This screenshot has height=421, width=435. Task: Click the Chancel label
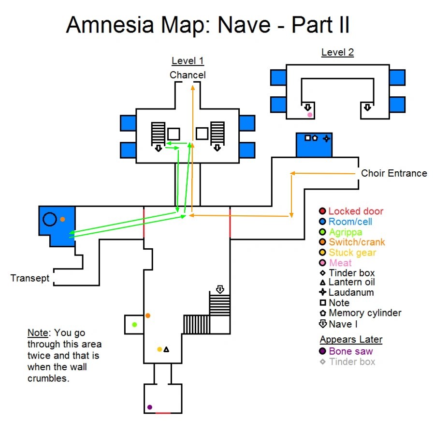pyautogui.click(x=188, y=75)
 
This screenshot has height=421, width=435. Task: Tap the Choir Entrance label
pyautogui.click(x=394, y=173)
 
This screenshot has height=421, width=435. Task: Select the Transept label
pyautogui.click(x=30, y=278)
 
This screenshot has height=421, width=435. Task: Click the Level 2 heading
pyautogui.click(x=337, y=52)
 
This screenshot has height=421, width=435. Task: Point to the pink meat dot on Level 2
pyautogui.click(x=310, y=115)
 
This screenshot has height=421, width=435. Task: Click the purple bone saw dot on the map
pyautogui.click(x=150, y=407)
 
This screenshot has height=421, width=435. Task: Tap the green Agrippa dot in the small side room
pyautogui.click(x=134, y=324)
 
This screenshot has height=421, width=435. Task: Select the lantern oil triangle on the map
pyautogui.click(x=166, y=349)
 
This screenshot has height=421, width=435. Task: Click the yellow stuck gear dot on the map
pyautogui.click(x=159, y=349)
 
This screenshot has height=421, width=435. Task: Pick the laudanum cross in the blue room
pyautogui.click(x=326, y=138)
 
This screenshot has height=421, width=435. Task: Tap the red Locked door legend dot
pyautogui.click(x=322, y=211)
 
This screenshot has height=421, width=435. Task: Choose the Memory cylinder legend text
pyautogui.click(x=365, y=313)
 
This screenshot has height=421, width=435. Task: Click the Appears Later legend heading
pyautogui.click(x=351, y=339)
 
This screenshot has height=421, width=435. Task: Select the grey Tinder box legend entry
pyautogui.click(x=352, y=362)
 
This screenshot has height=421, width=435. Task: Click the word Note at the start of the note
pyautogui.click(x=38, y=333)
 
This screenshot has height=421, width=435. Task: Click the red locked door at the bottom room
pyautogui.click(x=163, y=413)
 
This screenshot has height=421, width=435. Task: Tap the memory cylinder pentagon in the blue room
pyautogui.click(x=315, y=138)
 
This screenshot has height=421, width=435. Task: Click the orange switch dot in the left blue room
pyautogui.click(x=63, y=219)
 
